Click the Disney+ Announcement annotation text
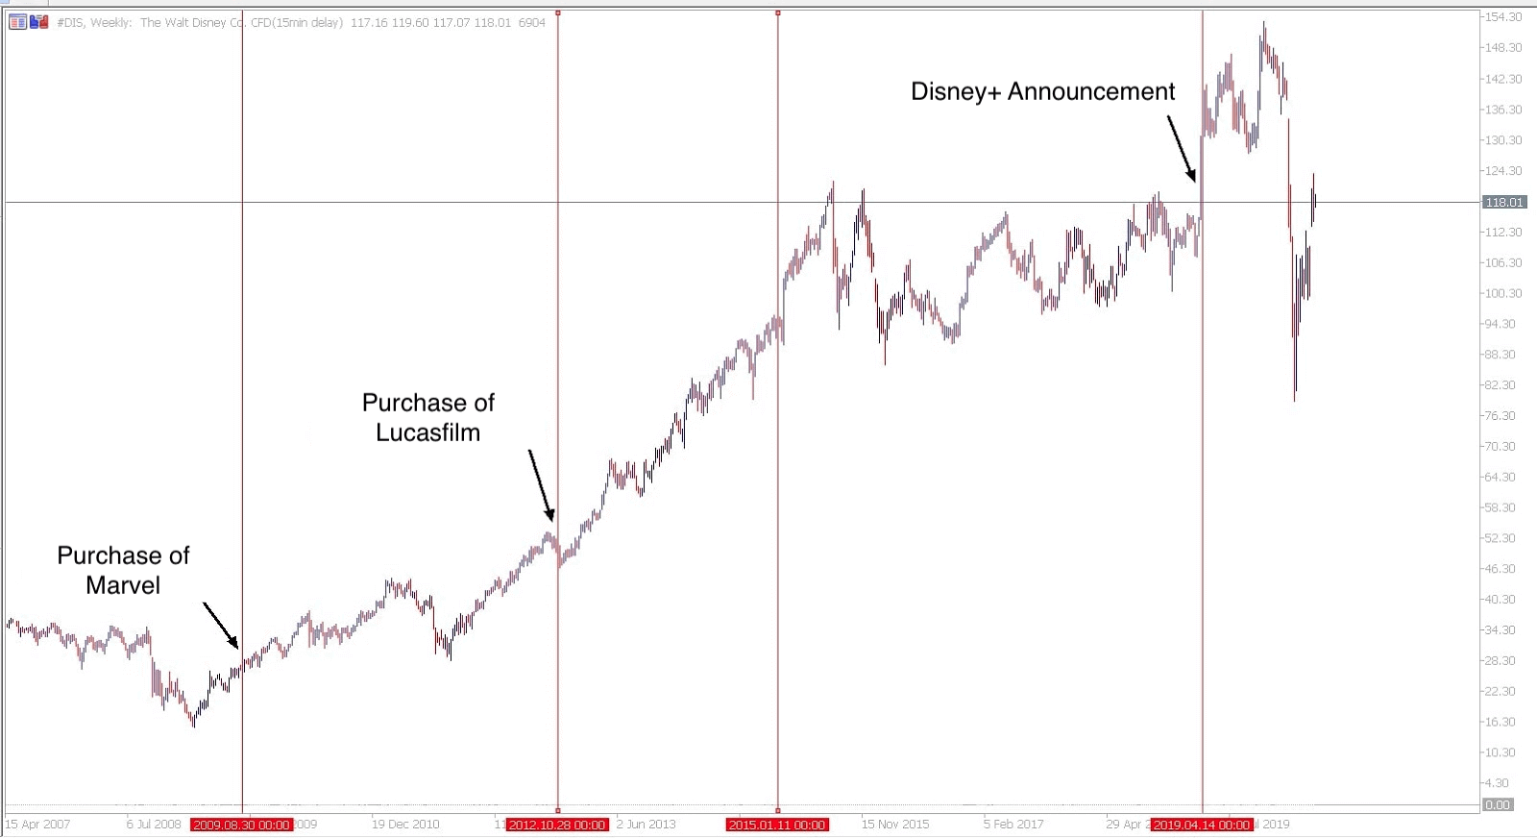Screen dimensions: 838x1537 1042,91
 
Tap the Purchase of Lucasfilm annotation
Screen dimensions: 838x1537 428,417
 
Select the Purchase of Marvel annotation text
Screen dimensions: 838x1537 123,570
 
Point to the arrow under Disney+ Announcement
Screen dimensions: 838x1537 1182,148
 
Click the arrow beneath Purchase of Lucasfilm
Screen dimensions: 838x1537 541,485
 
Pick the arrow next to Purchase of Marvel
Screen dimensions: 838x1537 220,625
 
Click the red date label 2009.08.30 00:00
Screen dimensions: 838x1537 241,825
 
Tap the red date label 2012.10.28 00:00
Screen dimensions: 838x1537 557,825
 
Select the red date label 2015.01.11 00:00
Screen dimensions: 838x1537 777,825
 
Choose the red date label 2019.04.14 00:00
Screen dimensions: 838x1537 1202,825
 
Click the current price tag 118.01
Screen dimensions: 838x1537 1504,202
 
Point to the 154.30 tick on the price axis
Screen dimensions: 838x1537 1503,17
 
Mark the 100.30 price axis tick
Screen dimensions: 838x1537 1503,293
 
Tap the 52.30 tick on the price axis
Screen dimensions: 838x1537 1500,538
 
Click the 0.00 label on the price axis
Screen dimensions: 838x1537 1498,805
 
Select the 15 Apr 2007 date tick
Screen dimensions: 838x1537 38,825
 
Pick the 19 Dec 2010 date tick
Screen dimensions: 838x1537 405,825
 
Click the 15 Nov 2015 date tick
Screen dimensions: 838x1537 895,825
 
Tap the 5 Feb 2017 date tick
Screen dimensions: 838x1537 1013,825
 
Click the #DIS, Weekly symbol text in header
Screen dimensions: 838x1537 94,22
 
